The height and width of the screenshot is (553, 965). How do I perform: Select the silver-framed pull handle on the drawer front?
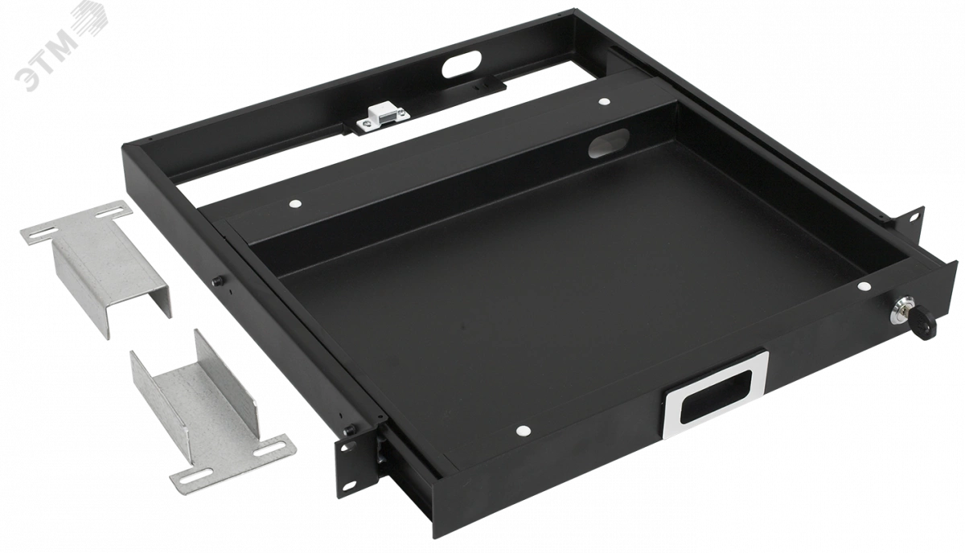(x=715, y=394)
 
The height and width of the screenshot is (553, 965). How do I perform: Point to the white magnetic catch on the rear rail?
(x=383, y=117)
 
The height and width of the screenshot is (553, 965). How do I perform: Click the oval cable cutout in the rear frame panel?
(x=461, y=64)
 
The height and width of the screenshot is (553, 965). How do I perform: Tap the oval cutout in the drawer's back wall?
(x=608, y=143)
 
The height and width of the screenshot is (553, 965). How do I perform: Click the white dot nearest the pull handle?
(x=523, y=430)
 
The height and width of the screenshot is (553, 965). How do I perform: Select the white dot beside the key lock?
(x=864, y=286)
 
